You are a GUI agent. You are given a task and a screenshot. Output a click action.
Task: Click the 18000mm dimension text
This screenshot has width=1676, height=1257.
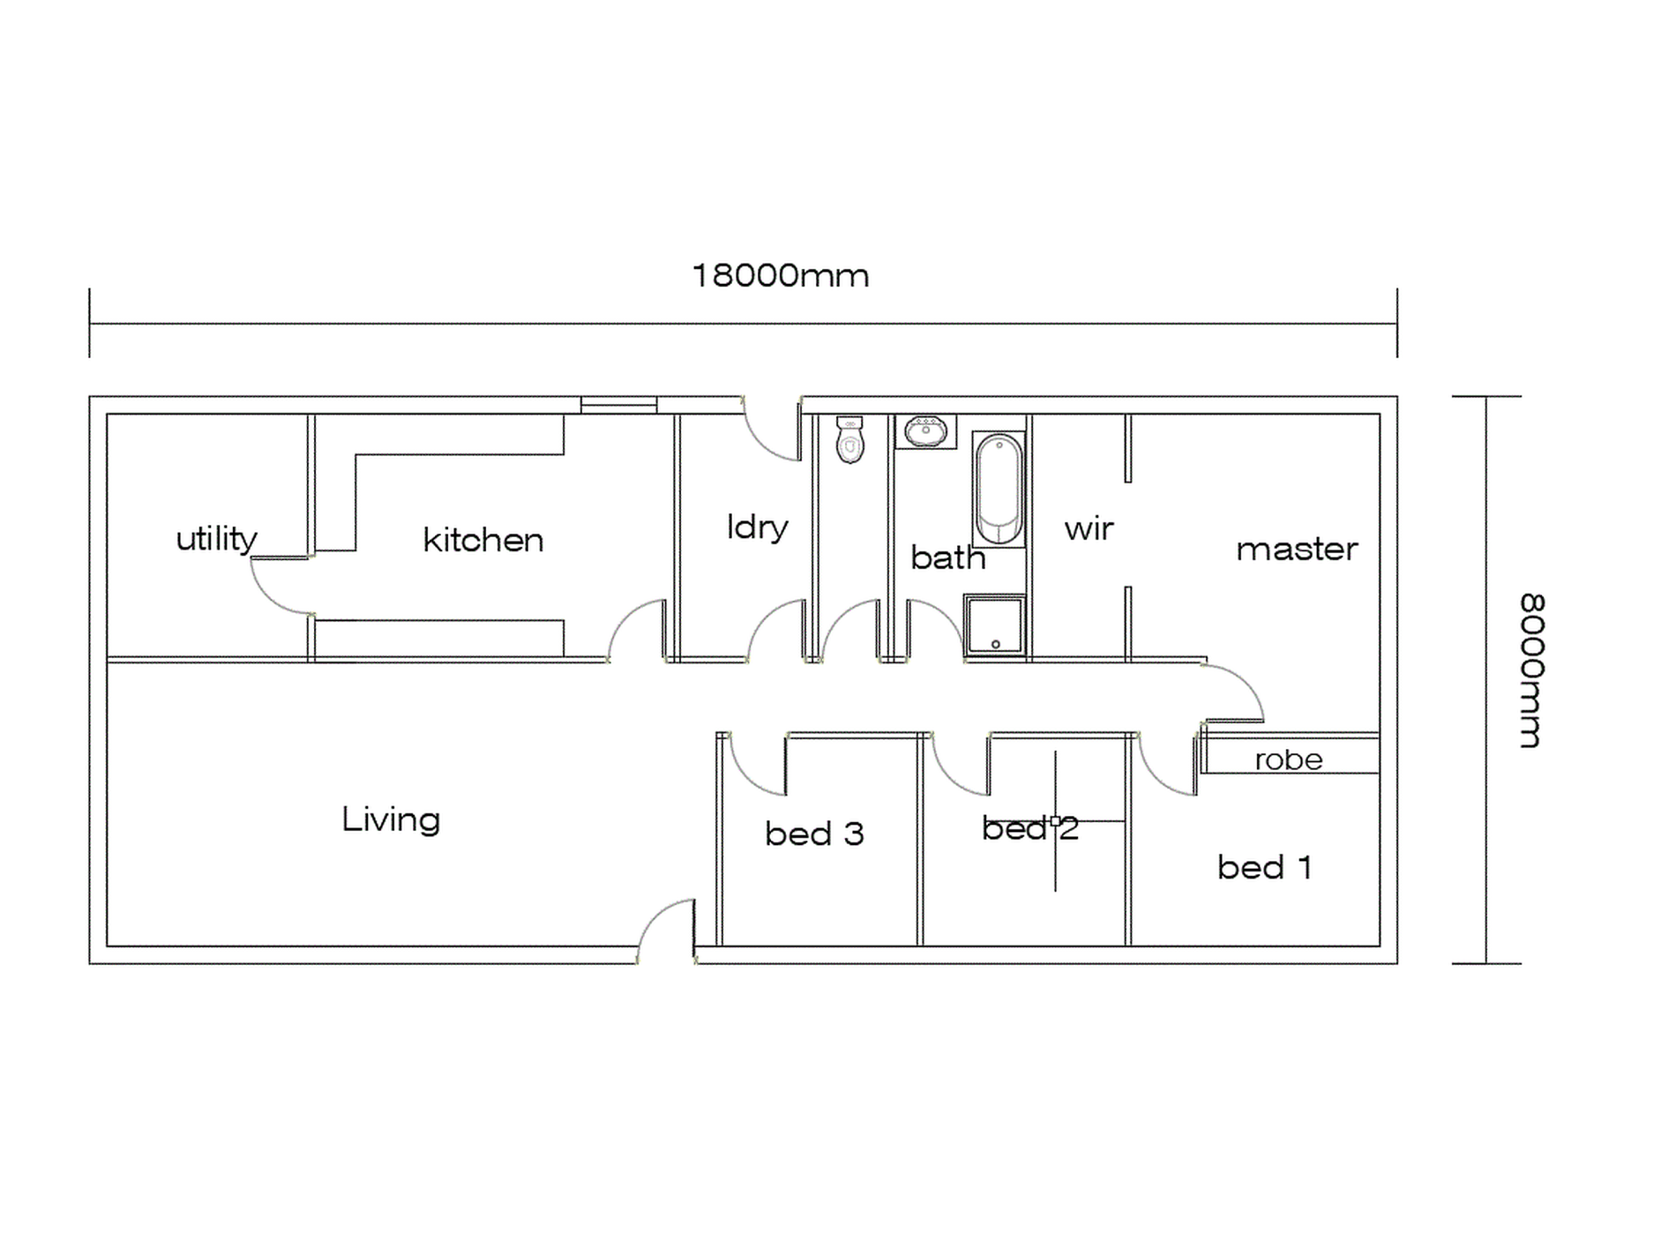coord(780,276)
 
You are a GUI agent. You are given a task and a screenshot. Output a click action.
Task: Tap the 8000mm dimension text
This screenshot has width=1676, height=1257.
coord(1532,670)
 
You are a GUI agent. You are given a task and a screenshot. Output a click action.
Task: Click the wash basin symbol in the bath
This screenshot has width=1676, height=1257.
coord(925,431)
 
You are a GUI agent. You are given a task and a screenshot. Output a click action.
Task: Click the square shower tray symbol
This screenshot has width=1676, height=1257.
coord(995,625)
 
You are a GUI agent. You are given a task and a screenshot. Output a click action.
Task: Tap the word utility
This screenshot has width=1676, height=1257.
coord(216,538)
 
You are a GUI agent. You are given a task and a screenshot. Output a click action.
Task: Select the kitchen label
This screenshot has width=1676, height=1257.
coord(483,540)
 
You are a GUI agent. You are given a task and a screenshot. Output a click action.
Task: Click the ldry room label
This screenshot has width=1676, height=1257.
coord(757,527)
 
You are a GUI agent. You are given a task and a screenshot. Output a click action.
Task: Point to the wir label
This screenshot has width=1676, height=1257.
coord(1089,529)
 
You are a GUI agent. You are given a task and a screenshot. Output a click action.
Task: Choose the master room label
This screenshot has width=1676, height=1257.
coord(1297,549)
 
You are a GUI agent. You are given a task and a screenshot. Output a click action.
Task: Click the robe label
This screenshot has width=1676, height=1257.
coord(1289,759)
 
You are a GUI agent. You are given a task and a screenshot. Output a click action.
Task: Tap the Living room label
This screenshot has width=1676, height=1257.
coord(391,819)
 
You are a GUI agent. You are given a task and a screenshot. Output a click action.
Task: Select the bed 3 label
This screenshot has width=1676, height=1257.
coord(813,834)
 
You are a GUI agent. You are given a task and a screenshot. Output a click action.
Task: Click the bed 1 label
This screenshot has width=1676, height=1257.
coord(1264,867)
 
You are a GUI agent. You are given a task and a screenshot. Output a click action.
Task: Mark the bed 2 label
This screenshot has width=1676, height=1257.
coord(1029,828)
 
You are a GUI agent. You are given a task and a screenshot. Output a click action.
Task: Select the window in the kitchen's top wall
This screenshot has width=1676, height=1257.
coord(618,405)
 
